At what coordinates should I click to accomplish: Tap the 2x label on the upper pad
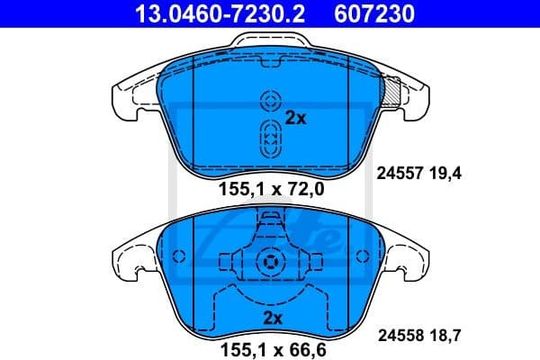(295, 117)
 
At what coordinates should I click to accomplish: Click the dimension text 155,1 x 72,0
(271, 190)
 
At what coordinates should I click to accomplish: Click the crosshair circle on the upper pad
(269, 101)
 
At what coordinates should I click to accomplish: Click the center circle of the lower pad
(269, 262)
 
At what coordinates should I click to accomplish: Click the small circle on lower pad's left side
(178, 256)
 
